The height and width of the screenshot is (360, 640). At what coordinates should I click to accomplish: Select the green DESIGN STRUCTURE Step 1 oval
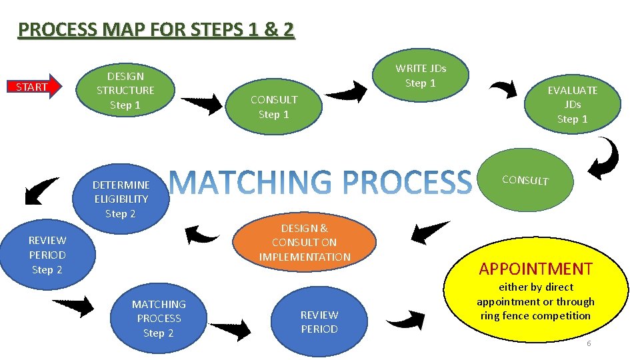(x=125, y=90)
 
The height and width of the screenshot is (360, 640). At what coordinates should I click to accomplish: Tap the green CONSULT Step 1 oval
(x=273, y=107)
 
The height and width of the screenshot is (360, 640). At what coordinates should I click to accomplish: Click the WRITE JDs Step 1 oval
(x=420, y=75)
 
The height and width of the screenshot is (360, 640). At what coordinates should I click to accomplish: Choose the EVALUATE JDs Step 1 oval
(x=572, y=104)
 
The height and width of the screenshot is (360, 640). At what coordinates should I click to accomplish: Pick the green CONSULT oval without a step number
(x=525, y=179)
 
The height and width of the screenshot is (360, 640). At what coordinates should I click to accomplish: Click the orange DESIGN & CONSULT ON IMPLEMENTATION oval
(x=305, y=242)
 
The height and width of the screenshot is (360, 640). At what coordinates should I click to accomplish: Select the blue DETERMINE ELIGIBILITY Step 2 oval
(x=121, y=199)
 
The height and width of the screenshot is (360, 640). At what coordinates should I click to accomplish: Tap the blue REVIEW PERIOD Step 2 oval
(x=47, y=254)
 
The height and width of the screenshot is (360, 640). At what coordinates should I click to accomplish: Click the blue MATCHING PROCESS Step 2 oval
(x=159, y=318)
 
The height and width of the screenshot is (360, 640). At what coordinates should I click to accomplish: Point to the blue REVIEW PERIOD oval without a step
(x=319, y=321)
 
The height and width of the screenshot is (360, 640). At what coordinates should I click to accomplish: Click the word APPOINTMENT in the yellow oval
(x=535, y=269)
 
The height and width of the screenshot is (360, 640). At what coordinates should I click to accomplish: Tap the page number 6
(x=589, y=343)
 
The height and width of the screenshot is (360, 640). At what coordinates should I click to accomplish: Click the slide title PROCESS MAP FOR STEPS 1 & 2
(x=156, y=30)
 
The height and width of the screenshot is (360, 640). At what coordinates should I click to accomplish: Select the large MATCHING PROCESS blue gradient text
(x=320, y=182)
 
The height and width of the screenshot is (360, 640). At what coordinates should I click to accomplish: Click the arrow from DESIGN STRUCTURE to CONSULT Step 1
(x=203, y=104)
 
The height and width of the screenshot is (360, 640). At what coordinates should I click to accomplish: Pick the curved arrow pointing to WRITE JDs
(x=347, y=91)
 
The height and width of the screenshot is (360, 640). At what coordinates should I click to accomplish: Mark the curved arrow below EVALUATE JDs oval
(x=606, y=159)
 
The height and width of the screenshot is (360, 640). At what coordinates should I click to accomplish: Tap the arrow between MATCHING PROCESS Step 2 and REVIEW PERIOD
(x=231, y=329)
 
